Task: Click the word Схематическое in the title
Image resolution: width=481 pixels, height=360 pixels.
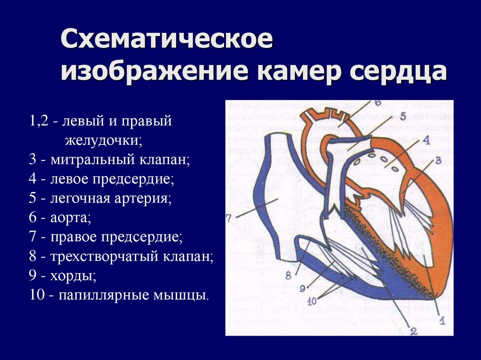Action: [x=166, y=40]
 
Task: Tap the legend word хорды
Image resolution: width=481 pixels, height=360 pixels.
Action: [x=76, y=276]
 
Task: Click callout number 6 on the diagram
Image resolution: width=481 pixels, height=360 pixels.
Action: [x=378, y=103]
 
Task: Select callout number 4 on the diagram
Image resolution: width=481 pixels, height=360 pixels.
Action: [x=426, y=139]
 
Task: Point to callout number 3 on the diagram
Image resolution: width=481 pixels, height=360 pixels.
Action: [x=438, y=161]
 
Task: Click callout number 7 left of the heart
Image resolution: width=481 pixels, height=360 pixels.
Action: [x=229, y=218]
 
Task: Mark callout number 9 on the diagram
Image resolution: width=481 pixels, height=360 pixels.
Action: [x=302, y=287]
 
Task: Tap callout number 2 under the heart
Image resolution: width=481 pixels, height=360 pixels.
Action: [x=414, y=331]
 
